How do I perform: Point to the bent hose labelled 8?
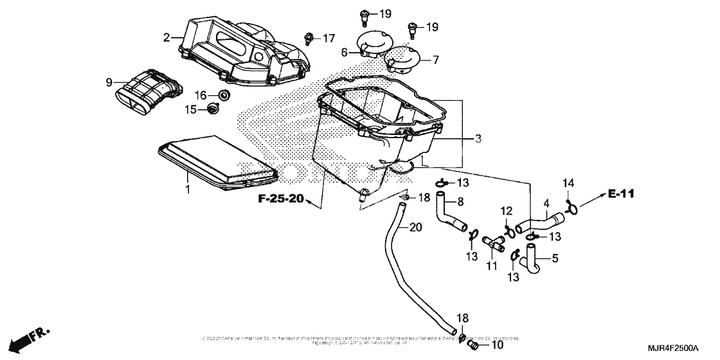(x=450, y=215)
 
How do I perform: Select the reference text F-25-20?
(x=280, y=199)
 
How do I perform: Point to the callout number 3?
(x=478, y=138)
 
